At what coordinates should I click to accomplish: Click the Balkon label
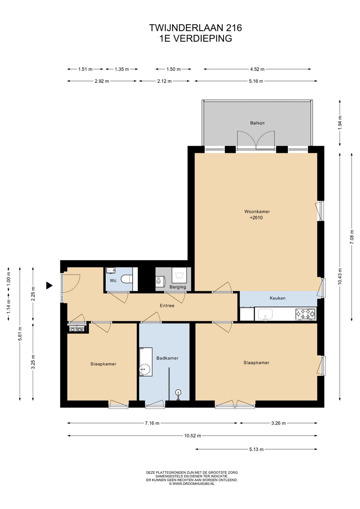(257, 123)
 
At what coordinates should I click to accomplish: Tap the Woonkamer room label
(257, 211)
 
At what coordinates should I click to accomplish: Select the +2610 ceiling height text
(256, 217)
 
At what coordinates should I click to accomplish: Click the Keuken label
(277, 298)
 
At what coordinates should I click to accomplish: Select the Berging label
(178, 287)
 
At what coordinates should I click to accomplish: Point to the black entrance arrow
(49, 286)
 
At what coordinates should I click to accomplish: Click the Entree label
(167, 306)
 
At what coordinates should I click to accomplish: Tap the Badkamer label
(167, 358)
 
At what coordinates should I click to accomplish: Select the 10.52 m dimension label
(192, 436)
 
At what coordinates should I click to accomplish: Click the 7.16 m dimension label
(152, 423)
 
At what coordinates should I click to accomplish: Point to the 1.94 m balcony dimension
(340, 123)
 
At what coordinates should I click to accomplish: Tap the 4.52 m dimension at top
(257, 69)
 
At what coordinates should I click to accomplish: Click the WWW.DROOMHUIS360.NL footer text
(194, 484)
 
